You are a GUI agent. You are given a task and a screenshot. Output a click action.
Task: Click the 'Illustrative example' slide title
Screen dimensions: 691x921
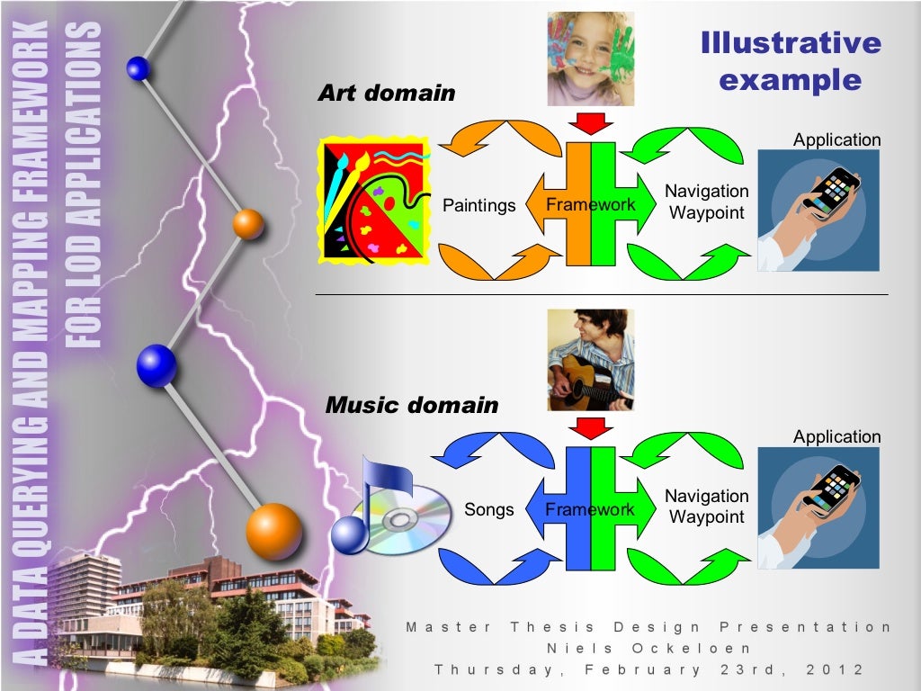pyautogui.click(x=791, y=61)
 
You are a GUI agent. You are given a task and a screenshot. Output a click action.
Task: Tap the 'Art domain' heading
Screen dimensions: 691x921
pyautogui.click(x=387, y=93)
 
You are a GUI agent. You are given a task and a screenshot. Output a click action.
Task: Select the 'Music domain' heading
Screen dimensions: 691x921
pyautogui.click(x=411, y=405)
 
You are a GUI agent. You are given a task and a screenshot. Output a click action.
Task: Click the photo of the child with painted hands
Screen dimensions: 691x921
pyautogui.click(x=591, y=58)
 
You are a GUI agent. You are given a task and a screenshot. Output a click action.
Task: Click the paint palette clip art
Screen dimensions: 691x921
pyautogui.click(x=373, y=201)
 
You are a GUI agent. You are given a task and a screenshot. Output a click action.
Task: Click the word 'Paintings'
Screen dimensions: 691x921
pyautogui.click(x=479, y=206)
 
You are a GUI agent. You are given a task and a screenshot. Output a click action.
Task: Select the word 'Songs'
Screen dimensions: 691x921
pyautogui.click(x=489, y=510)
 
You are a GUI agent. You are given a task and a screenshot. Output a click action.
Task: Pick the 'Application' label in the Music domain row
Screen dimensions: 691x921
pyautogui.click(x=836, y=437)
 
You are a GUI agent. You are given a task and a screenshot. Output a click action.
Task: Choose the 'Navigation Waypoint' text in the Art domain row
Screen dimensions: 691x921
pyautogui.click(x=707, y=202)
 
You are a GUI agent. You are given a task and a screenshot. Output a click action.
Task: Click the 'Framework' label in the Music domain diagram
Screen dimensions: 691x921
pyautogui.click(x=590, y=510)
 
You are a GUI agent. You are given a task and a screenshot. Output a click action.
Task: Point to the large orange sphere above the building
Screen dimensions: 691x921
pyautogui.click(x=273, y=531)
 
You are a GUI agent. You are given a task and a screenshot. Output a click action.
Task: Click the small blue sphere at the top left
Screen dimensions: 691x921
pyautogui.click(x=139, y=67)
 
